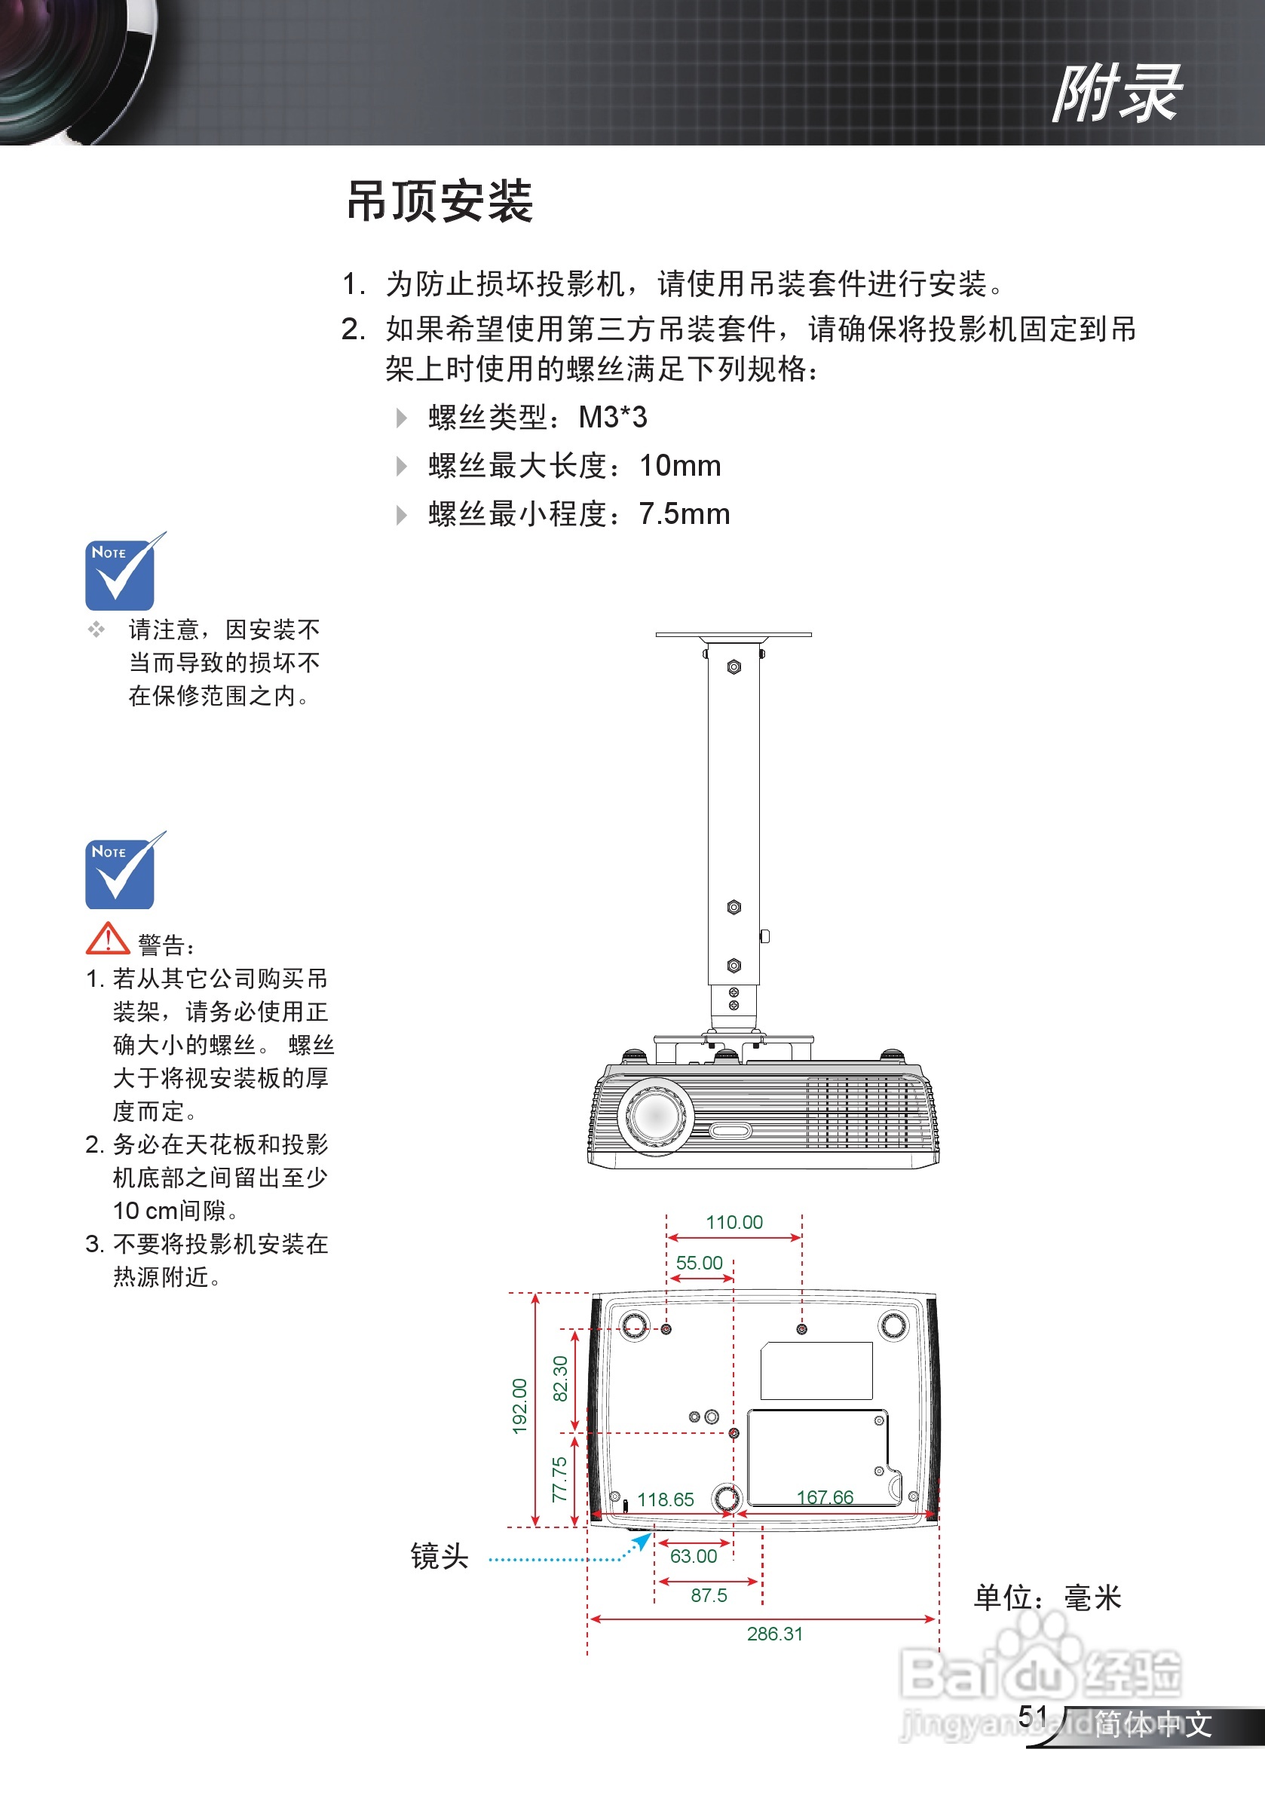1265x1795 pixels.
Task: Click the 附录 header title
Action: click(x=1116, y=93)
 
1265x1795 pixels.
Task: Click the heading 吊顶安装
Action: click(x=440, y=202)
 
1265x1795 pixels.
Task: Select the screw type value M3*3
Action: click(x=612, y=418)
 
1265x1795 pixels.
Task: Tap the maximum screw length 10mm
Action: click(x=680, y=466)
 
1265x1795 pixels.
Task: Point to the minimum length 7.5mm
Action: click(x=684, y=514)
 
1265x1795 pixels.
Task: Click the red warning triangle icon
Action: click(x=107, y=939)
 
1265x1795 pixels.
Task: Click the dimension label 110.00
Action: click(x=734, y=1222)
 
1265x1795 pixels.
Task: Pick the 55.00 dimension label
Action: click(x=699, y=1263)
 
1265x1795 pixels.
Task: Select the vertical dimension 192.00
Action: click(x=520, y=1407)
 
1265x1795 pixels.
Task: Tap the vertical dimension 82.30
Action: click(x=560, y=1379)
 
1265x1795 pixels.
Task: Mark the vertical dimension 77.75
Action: click(x=560, y=1480)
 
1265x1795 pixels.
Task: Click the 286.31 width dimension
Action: click(x=774, y=1634)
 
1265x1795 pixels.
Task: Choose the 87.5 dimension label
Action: click(x=709, y=1596)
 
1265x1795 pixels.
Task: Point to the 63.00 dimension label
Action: click(x=694, y=1557)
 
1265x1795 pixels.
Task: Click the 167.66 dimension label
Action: click(x=825, y=1497)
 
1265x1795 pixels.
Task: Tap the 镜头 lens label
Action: click(x=440, y=1557)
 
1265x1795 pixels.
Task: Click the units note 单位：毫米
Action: click(x=1048, y=1597)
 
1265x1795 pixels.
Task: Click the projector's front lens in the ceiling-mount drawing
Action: click(x=656, y=1115)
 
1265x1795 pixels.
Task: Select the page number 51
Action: click(x=1033, y=1715)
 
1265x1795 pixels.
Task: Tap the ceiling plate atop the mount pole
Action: click(x=734, y=635)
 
